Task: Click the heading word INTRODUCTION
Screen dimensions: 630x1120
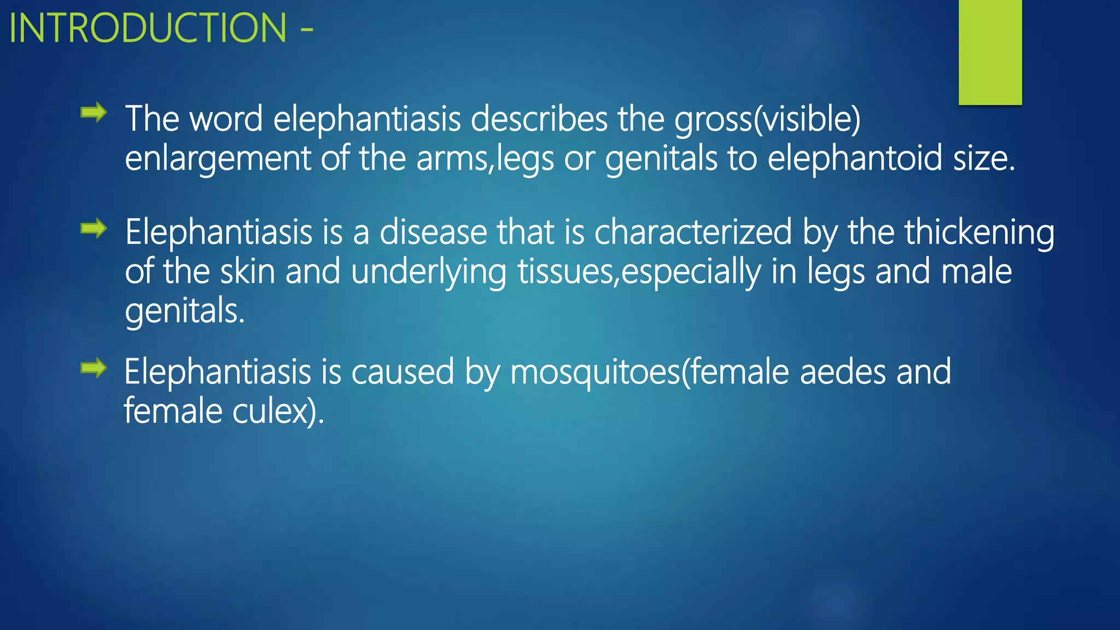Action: tap(148, 28)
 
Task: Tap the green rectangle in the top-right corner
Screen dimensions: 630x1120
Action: tap(990, 52)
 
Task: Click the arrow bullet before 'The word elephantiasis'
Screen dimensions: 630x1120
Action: tap(94, 113)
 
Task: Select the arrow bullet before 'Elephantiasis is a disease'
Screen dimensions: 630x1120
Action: tap(94, 228)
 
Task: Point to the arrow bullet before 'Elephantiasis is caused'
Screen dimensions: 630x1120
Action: tap(94, 367)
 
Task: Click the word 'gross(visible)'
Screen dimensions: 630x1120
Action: tap(767, 119)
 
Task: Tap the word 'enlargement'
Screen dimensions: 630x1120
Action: tap(218, 159)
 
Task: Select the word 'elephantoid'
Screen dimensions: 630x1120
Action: tap(855, 158)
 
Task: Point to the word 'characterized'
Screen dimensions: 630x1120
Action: tap(693, 232)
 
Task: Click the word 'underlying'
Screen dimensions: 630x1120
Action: tap(429, 272)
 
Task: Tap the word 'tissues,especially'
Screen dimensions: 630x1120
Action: tap(639, 272)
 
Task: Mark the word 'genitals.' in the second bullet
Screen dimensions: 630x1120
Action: tap(185, 311)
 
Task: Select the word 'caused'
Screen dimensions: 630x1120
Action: tap(402, 372)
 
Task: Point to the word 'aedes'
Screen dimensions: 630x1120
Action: tap(843, 372)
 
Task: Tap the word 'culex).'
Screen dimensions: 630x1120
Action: tap(278, 411)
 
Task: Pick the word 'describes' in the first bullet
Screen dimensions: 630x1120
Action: tap(539, 119)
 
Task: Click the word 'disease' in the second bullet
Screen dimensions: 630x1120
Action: tap(433, 232)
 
